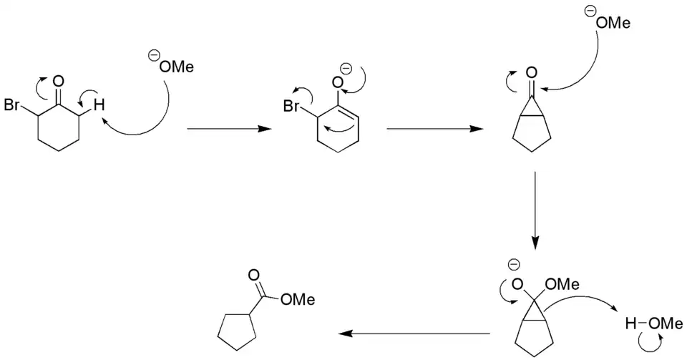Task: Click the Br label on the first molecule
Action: pos(12,106)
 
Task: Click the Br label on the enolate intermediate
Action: pos(290,107)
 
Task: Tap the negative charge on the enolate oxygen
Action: pos(346,69)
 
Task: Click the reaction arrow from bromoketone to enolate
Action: pos(228,130)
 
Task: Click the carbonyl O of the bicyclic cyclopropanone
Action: pos(530,72)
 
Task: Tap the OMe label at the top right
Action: pos(613,24)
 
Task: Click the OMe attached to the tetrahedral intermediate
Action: pos(562,285)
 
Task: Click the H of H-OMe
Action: pos(630,324)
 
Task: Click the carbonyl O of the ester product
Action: pos(254,275)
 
